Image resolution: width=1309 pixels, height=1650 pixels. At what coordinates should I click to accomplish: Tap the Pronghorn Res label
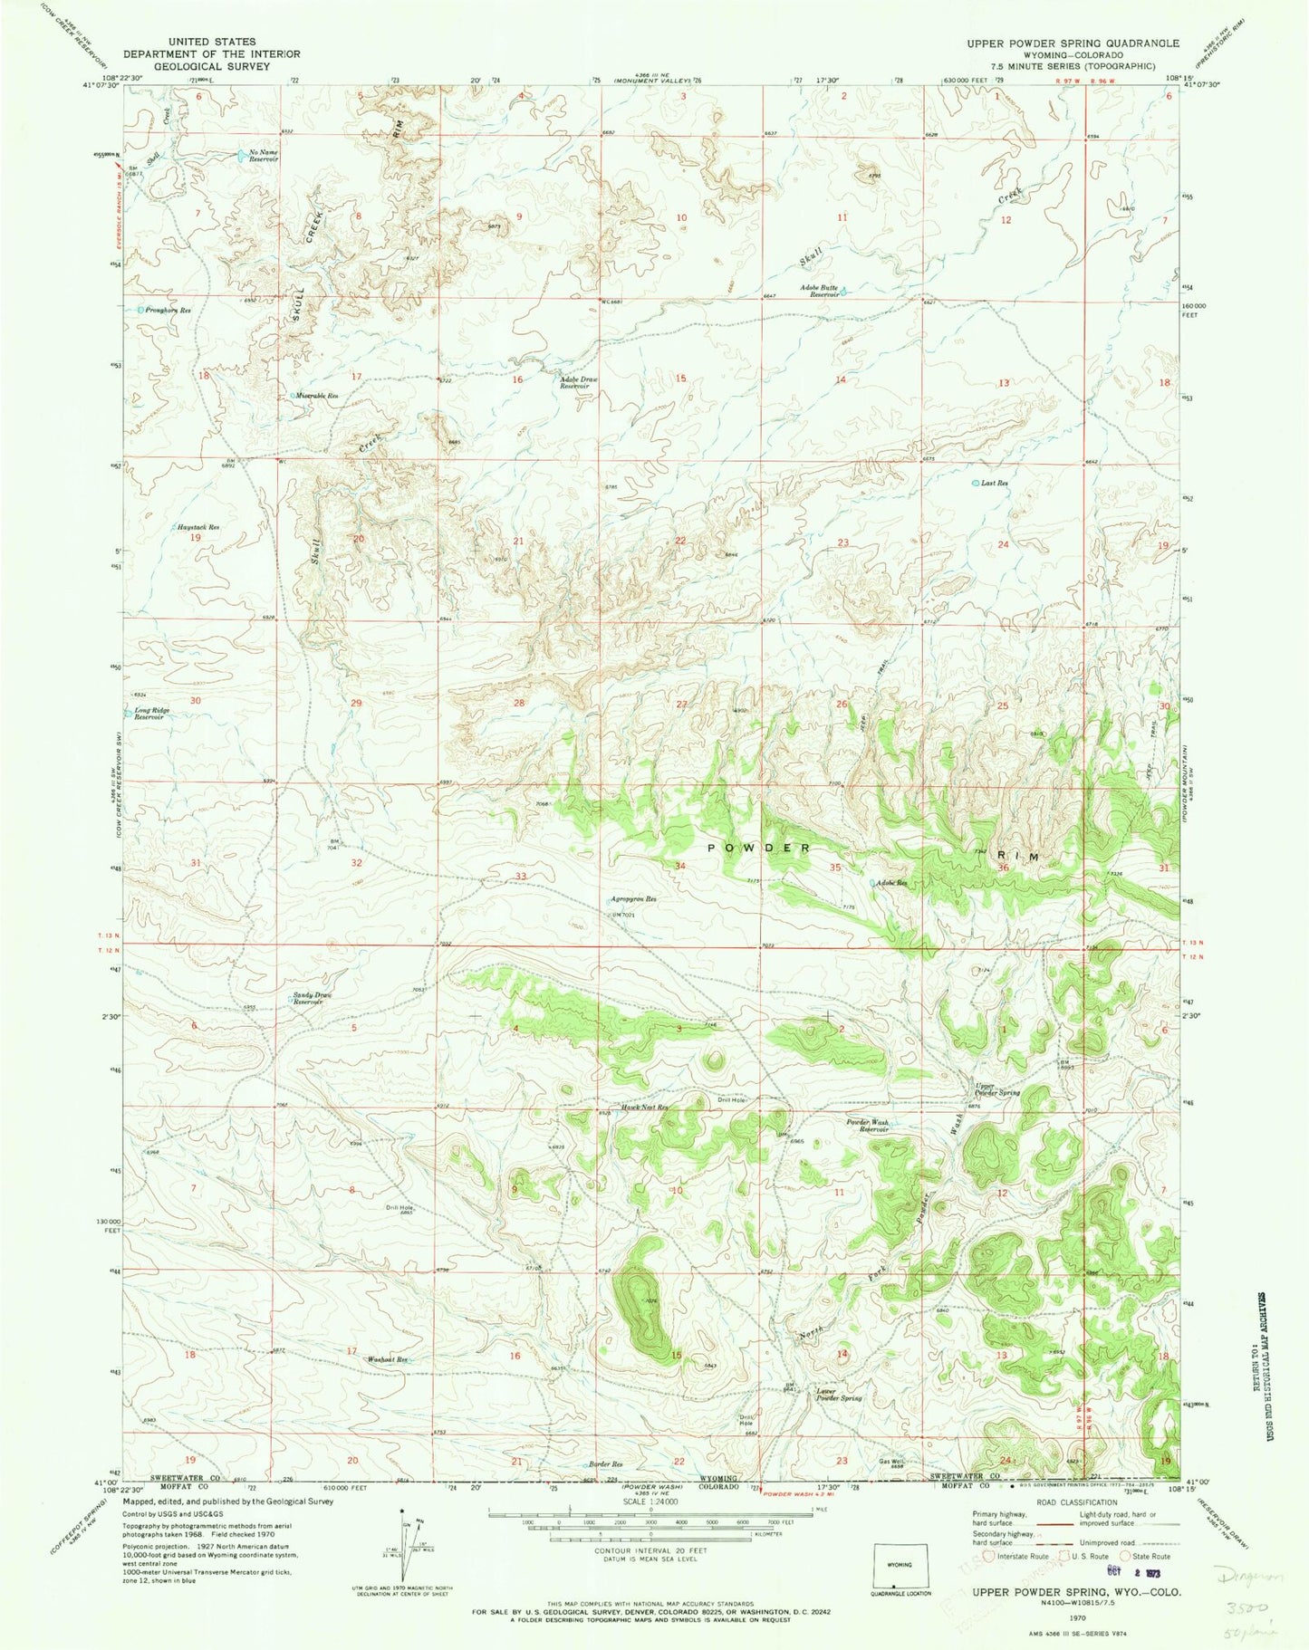(x=171, y=310)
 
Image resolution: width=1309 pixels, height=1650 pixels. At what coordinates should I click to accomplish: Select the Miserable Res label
(x=319, y=396)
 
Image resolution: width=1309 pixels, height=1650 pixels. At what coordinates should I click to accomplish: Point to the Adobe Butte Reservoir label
(x=817, y=292)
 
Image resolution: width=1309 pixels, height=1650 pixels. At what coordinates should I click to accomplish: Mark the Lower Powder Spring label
(x=838, y=1395)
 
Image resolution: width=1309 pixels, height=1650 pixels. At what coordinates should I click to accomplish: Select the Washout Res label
(x=387, y=1359)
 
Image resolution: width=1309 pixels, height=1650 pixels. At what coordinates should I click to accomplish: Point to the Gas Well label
(x=892, y=1486)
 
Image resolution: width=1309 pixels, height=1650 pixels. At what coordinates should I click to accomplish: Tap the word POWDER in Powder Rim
(x=759, y=848)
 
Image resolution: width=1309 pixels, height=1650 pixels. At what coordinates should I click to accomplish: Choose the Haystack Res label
(x=197, y=527)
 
